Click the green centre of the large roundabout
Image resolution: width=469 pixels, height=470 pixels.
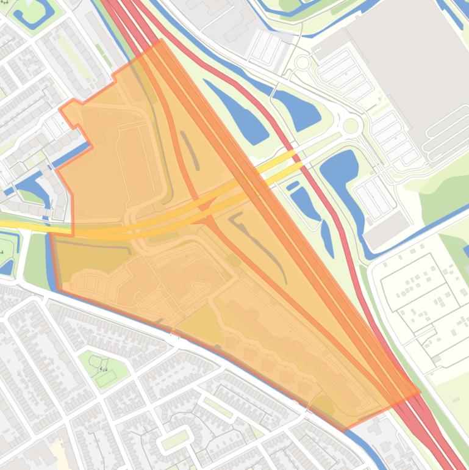coord(351,126)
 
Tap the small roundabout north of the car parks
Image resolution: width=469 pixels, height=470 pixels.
coord(303,62)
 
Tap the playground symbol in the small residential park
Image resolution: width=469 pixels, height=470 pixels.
coord(104,368)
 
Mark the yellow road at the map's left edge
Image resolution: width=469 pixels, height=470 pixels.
coord(12,224)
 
